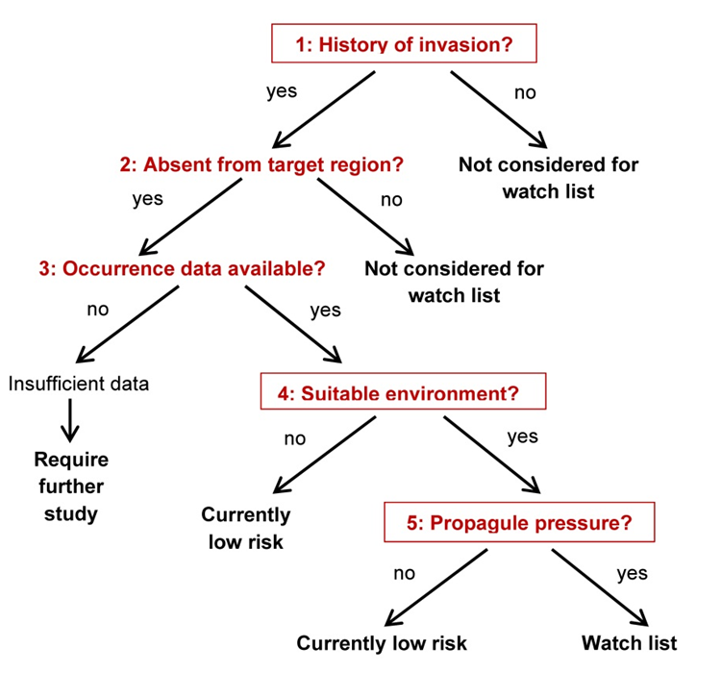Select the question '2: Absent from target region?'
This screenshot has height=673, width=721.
pyautogui.click(x=261, y=164)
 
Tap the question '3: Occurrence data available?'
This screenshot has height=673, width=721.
pyautogui.click(x=182, y=268)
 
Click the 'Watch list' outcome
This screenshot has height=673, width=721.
pyautogui.click(x=629, y=642)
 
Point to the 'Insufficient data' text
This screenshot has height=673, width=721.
pyautogui.click(x=79, y=384)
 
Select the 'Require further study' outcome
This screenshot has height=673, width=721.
pyautogui.click(x=71, y=486)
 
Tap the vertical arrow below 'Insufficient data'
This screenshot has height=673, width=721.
pyautogui.click(x=70, y=420)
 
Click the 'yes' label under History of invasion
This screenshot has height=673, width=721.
pyautogui.click(x=282, y=91)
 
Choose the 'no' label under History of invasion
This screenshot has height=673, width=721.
pyautogui.click(x=525, y=93)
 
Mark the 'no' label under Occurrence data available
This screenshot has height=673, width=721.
pyautogui.click(x=98, y=310)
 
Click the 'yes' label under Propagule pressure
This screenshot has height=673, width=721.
pyautogui.click(x=633, y=574)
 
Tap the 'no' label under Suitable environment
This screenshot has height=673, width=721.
pyautogui.click(x=295, y=438)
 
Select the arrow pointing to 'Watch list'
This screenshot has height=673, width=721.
pyautogui.click(x=600, y=587)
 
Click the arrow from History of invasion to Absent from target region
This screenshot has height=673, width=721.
pyautogui.click(x=324, y=110)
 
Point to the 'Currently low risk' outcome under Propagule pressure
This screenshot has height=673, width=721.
pyautogui.click(x=382, y=643)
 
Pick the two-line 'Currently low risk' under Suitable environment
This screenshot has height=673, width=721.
pyautogui.click(x=246, y=528)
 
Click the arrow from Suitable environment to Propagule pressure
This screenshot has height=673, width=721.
pyautogui.click(x=492, y=455)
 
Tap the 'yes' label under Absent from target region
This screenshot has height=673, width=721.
pyautogui.click(x=148, y=199)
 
